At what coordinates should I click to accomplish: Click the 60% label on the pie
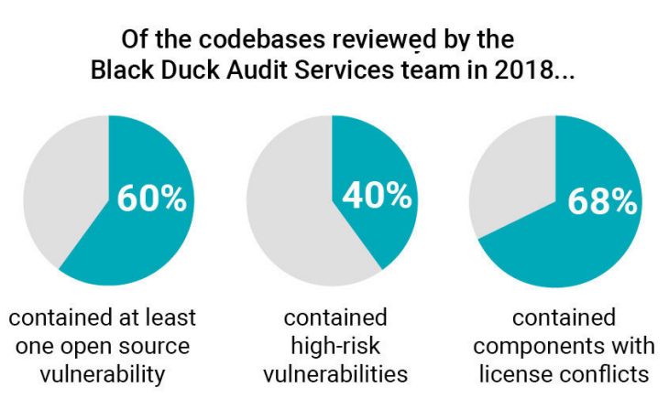(x=151, y=199)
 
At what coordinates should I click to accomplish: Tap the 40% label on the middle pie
(x=376, y=195)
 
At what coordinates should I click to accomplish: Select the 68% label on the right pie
(x=601, y=201)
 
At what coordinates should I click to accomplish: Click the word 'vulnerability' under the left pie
(x=102, y=374)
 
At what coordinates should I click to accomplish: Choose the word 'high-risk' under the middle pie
(x=334, y=346)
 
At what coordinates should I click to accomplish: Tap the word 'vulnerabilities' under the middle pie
(x=334, y=374)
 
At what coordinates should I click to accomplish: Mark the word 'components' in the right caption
(x=541, y=346)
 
